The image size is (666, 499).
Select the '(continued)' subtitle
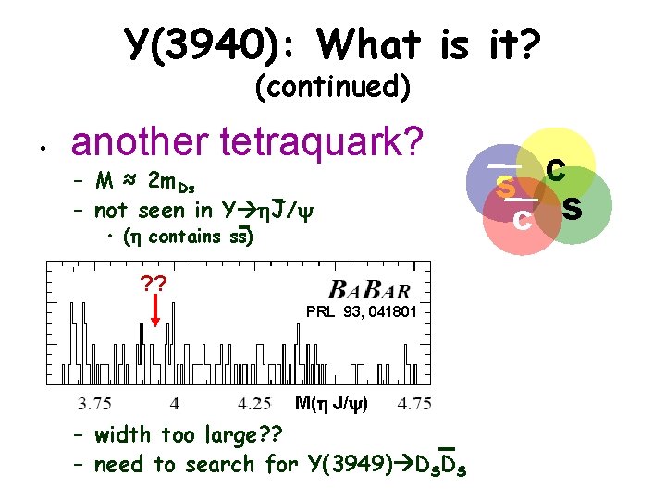pos(332,87)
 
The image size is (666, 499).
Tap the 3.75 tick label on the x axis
pos(95,403)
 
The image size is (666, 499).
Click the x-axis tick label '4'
pos(175,403)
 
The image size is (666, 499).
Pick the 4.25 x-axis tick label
pos(254,403)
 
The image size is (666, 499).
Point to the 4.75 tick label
pos(413,403)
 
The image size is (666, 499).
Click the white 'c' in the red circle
pos(522,220)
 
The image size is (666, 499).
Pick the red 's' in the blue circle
pos(506,186)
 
